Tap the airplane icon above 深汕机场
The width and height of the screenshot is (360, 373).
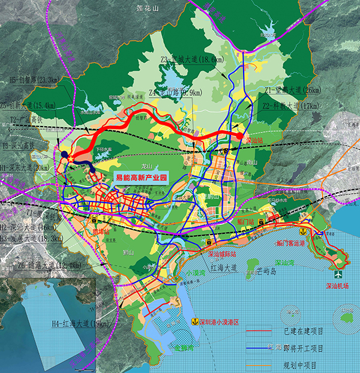(341, 275)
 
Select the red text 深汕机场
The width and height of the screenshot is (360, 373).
(338, 287)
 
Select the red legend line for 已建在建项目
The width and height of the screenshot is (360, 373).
(259, 329)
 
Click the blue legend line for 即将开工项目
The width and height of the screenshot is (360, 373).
(259, 347)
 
